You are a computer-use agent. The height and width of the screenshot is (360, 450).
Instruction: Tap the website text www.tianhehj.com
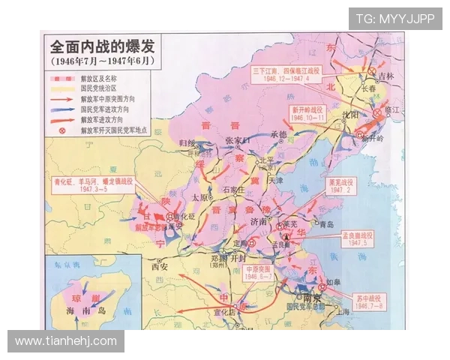click(66, 341)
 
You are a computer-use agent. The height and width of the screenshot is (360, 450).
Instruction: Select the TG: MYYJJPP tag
click(394, 19)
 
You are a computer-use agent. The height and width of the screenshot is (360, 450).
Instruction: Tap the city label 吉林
click(385, 76)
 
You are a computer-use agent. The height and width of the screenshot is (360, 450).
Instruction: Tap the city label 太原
click(199, 197)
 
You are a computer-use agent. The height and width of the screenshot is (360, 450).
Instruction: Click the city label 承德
click(279, 134)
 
